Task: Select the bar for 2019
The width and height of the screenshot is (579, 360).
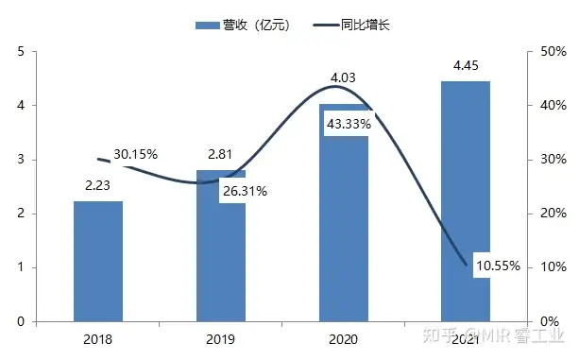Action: click(221, 255)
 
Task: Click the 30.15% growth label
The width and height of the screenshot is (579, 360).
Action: click(135, 153)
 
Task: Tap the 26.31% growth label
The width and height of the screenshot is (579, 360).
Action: click(245, 192)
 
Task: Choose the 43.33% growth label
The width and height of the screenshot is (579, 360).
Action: click(348, 124)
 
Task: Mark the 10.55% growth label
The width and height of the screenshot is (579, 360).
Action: click(498, 266)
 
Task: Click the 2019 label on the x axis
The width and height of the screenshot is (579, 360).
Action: click(221, 337)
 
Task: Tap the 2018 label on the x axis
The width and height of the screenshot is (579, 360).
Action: click(98, 337)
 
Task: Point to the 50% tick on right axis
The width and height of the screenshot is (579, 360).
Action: click(553, 52)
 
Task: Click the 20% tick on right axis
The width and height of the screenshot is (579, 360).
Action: click(553, 214)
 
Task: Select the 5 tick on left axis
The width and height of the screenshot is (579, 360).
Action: click(20, 52)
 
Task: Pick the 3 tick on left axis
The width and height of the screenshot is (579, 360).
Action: click(20, 160)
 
